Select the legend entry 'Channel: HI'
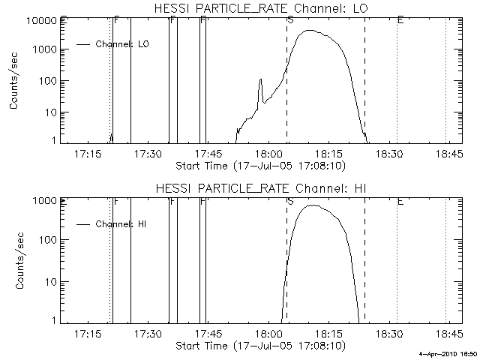click(121, 223)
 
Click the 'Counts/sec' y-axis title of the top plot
click(14, 81)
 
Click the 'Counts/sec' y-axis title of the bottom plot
click(14, 261)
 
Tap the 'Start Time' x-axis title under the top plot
click(259, 166)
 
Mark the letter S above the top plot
click(290, 20)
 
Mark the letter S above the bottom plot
click(290, 201)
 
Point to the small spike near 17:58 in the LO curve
click(260, 79)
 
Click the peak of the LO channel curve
click(309, 31)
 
